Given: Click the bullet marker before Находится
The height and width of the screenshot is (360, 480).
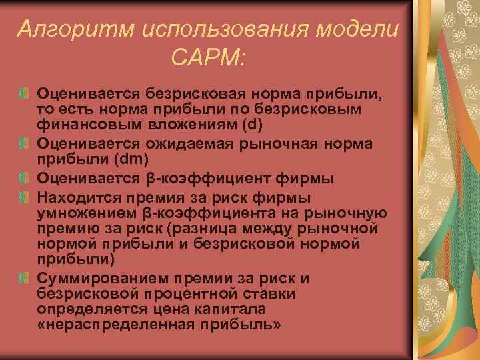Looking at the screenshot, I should [24, 199].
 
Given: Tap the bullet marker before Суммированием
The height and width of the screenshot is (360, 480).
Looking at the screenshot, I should [24, 277].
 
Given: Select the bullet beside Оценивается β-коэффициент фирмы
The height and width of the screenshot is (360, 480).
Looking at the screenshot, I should [24, 179].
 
